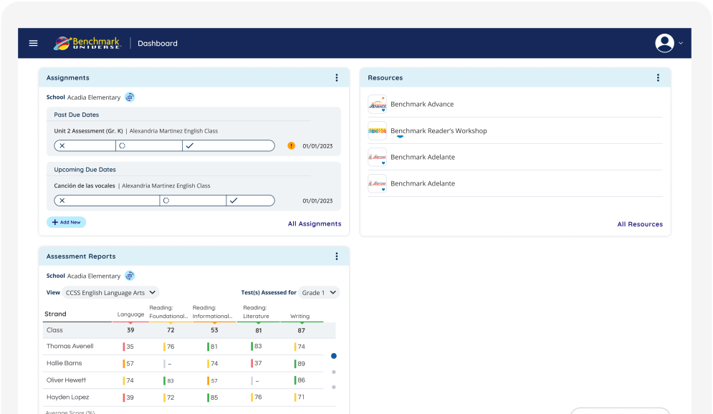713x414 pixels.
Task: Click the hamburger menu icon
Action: point(33,43)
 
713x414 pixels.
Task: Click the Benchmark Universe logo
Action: point(87,43)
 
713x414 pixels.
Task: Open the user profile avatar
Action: point(664,43)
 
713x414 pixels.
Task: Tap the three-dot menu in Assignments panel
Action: point(337,78)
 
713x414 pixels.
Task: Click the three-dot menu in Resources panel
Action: point(658,78)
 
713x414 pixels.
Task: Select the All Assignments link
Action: point(315,224)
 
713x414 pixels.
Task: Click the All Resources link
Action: point(640,224)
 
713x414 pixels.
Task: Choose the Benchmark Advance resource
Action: point(421,105)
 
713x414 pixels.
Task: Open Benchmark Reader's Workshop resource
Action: point(438,131)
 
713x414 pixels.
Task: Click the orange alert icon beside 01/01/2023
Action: point(291,146)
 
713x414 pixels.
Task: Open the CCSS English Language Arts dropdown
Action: point(110,293)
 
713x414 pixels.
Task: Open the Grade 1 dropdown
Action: point(319,293)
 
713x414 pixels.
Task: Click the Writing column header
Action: point(300,317)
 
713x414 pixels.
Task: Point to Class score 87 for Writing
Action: point(301,330)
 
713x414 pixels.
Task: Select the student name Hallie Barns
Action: point(64,364)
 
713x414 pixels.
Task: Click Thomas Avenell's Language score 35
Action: point(130,347)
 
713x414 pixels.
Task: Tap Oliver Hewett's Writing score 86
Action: point(300,380)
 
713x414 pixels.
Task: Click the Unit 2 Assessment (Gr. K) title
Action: point(88,131)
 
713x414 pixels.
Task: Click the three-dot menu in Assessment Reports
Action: point(337,256)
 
